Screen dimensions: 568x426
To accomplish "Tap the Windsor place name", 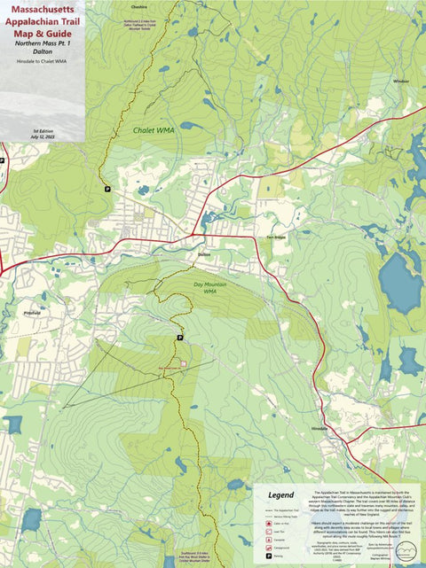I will click(401, 81).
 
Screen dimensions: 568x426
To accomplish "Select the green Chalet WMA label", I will click(154, 130).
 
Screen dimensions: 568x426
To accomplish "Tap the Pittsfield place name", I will click(33, 313).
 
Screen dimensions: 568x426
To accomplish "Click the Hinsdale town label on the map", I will click(320, 427).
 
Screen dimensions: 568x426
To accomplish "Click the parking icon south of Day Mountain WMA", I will click(179, 338).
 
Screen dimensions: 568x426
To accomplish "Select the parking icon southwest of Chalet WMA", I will click(107, 189).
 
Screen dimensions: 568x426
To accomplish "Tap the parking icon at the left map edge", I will click(3, 160).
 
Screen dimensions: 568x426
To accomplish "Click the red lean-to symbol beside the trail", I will click(184, 363).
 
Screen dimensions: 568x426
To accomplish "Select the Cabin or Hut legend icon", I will click(267, 525).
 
